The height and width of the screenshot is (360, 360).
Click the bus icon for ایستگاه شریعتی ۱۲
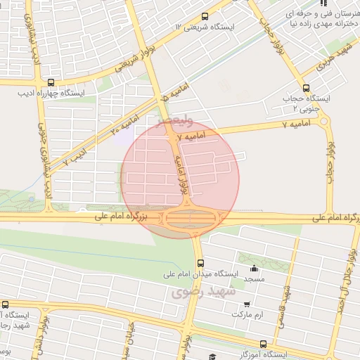(x=205, y=16)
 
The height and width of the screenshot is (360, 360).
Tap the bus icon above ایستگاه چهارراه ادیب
(x=49, y=82)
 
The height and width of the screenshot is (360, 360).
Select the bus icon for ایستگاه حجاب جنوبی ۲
(x=305, y=89)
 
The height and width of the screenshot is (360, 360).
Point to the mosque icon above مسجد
(x=254, y=269)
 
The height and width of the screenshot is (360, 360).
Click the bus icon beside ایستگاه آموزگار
(x=263, y=345)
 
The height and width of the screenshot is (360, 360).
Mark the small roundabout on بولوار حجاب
(x=324, y=121)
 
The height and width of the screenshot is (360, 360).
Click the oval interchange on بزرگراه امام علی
(x=190, y=219)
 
